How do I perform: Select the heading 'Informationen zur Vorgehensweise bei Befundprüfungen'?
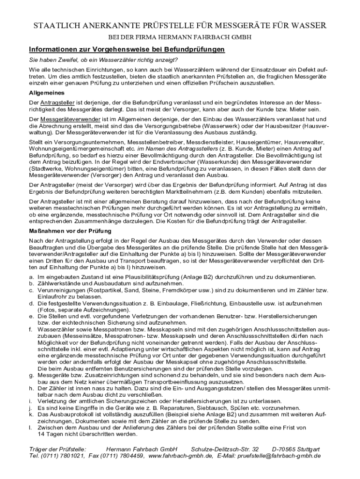tap(127, 50)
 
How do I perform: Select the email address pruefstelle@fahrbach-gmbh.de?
tap(279, 456)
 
